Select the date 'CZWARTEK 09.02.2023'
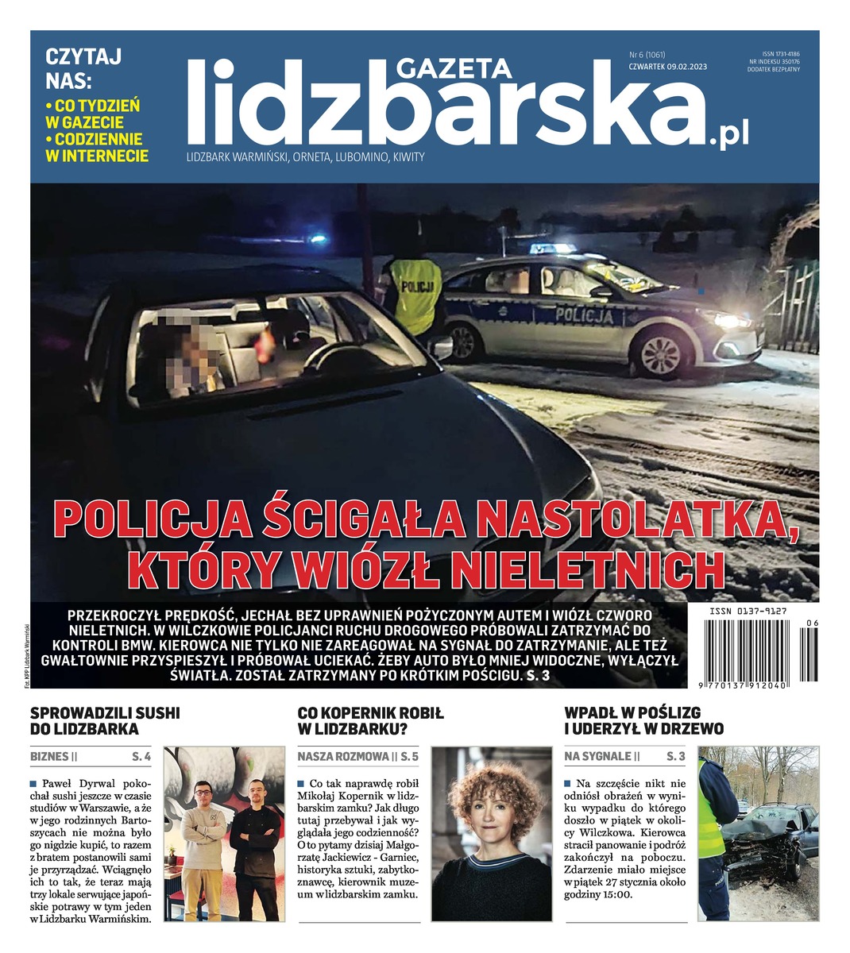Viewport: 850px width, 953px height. click(x=667, y=67)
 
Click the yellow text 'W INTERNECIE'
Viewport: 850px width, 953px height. click(x=97, y=156)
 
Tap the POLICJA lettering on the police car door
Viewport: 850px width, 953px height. click(x=585, y=316)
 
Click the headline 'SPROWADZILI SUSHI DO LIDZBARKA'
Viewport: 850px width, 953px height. click(x=105, y=720)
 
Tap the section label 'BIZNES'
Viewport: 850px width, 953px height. click(x=49, y=756)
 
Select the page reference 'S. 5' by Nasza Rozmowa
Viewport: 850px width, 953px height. click(x=409, y=756)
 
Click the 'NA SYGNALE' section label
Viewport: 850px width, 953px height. click(x=597, y=756)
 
